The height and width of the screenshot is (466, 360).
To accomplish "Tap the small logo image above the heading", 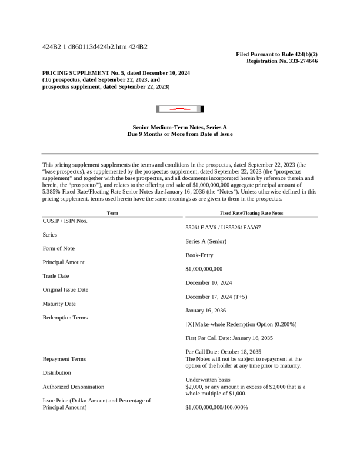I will (180, 109).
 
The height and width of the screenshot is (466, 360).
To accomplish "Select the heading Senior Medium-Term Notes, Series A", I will (180, 127).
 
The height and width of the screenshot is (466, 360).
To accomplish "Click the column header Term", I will (112, 213).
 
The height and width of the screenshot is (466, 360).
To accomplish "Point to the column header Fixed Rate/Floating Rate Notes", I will (251, 213).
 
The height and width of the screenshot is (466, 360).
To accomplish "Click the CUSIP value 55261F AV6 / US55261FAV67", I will (223, 227).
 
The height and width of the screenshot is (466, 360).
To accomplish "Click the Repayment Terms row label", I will (64, 359).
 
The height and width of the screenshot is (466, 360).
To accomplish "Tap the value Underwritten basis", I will (208, 380).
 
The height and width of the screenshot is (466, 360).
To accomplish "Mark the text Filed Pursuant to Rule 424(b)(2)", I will (277, 54).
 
